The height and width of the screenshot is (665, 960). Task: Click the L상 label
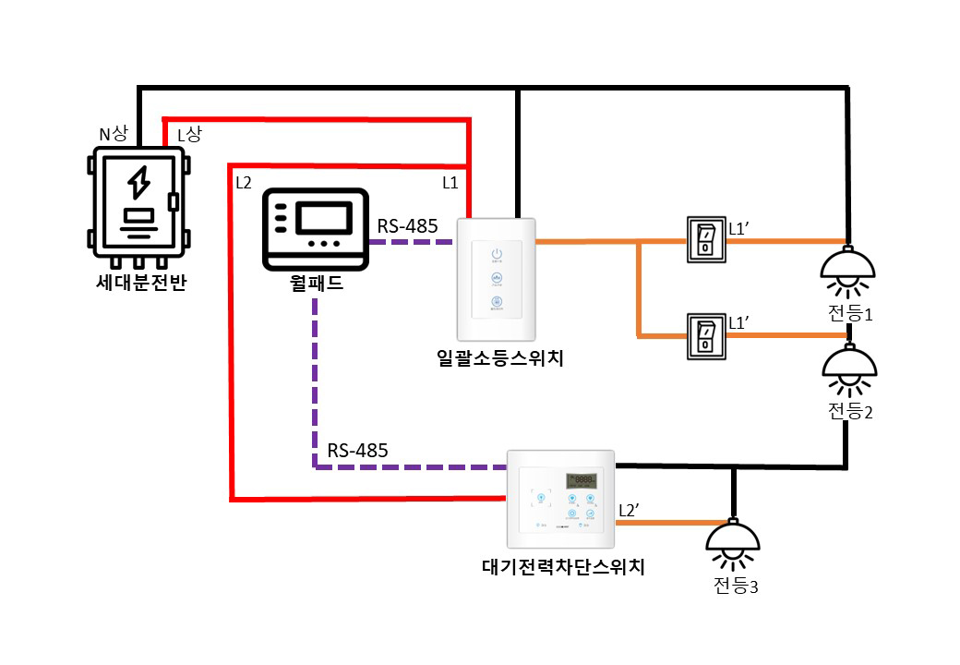click(x=189, y=135)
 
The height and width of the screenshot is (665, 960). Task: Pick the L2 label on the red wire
click(x=244, y=182)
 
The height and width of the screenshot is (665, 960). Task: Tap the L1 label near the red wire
click(x=450, y=183)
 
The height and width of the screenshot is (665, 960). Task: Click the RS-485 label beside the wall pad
click(x=407, y=225)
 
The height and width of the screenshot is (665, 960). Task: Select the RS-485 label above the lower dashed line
click(x=357, y=451)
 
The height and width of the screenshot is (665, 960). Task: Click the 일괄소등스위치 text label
click(x=499, y=357)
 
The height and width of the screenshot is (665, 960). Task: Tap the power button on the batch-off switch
click(x=497, y=254)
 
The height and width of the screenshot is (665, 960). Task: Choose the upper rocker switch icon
click(x=705, y=240)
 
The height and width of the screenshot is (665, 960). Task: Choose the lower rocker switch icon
click(x=705, y=336)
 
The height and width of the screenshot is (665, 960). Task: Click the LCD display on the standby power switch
click(x=581, y=481)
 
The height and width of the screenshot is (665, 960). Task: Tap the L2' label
click(x=631, y=510)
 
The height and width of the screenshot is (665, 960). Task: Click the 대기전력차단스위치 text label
click(x=563, y=565)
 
